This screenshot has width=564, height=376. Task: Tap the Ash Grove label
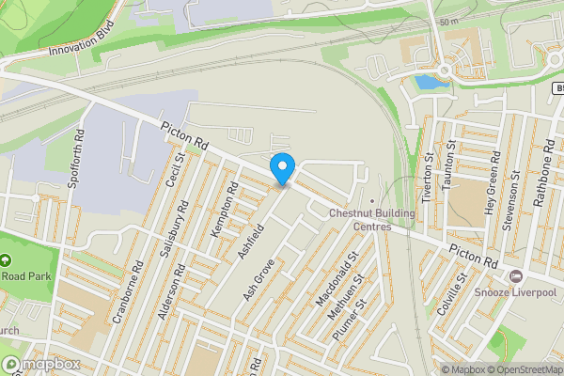tap(257, 280)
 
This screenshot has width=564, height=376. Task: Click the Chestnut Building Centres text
tap(371, 219)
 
